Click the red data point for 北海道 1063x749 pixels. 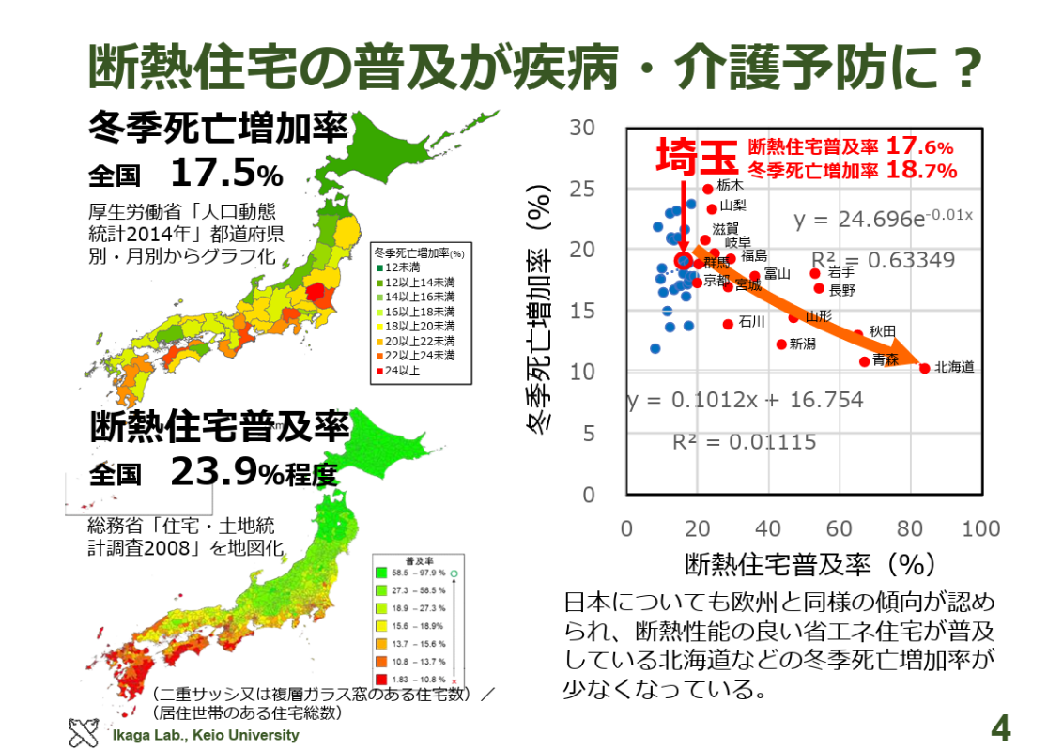[924, 368]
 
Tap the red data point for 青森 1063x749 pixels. [865, 361]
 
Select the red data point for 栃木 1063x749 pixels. [708, 189]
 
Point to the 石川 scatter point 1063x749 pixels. [728, 324]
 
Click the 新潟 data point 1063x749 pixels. [781, 344]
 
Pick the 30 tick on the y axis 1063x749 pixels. [583, 128]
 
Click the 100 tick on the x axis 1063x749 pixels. [980, 529]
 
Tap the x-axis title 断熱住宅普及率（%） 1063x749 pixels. [809, 564]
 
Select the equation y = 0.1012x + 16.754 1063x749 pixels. [745, 401]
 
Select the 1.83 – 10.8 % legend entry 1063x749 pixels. [409, 678]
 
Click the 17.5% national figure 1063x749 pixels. [226, 174]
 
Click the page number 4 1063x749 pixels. [1001, 726]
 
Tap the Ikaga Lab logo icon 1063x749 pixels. [84, 732]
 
